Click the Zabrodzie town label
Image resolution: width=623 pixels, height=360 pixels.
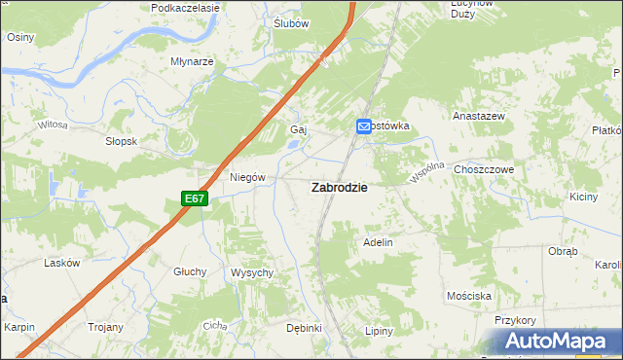tap(339, 189)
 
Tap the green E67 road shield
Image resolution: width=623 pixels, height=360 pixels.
tap(195, 198)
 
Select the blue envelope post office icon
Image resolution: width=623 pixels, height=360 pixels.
tap(363, 126)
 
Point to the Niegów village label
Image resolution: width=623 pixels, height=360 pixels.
tap(247, 177)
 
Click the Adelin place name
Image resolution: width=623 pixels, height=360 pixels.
tap(378, 241)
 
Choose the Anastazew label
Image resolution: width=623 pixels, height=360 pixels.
tap(477, 116)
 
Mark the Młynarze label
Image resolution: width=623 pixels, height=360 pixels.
tap(192, 60)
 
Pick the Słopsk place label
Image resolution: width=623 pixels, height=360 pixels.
tap(122, 141)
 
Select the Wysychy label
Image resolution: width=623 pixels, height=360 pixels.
tap(251, 272)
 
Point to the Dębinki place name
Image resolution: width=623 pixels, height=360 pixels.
tap(304, 328)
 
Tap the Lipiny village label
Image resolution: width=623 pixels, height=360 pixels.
tap(379, 331)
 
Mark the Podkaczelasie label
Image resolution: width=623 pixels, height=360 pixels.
tap(186, 7)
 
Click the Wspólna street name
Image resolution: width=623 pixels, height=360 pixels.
tap(427, 172)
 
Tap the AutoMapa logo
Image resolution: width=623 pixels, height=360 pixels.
tap(561, 342)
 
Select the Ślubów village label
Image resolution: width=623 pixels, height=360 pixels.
tap(291, 23)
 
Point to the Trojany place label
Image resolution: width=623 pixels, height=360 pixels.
tap(105, 328)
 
